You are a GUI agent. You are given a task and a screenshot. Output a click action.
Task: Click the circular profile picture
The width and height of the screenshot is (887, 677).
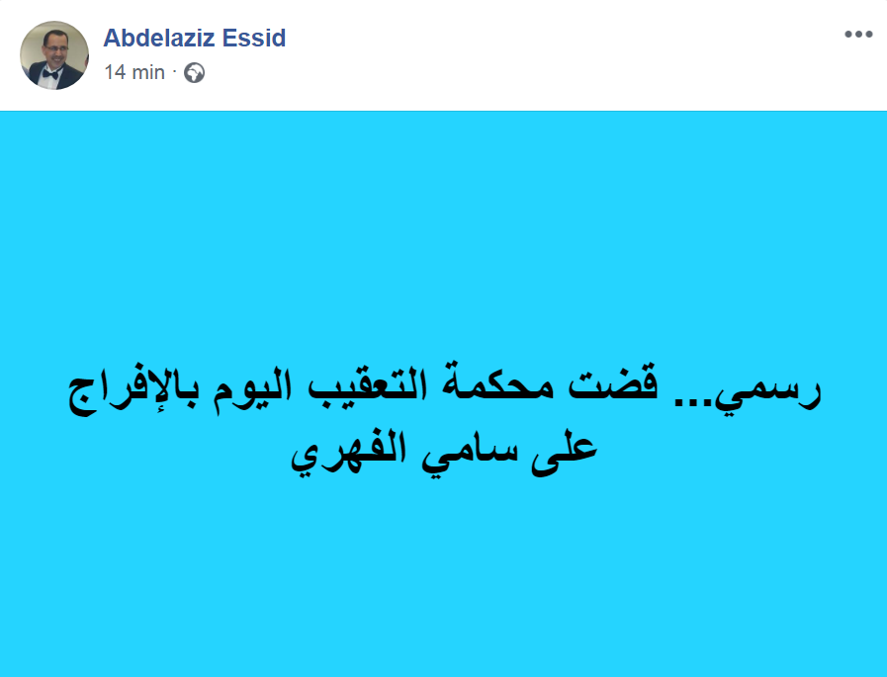pyautogui.click(x=54, y=55)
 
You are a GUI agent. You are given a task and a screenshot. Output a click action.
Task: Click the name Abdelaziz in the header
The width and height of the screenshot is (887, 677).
pyautogui.click(x=159, y=38)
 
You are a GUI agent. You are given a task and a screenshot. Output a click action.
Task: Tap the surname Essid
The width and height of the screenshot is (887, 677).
pyautogui.click(x=254, y=38)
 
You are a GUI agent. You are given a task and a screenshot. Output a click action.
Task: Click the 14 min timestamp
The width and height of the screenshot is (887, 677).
pyautogui.click(x=134, y=72)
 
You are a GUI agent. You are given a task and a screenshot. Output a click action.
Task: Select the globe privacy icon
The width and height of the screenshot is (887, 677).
pyautogui.click(x=194, y=73)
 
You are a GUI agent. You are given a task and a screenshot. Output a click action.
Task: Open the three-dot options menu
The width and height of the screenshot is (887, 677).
pyautogui.click(x=858, y=35)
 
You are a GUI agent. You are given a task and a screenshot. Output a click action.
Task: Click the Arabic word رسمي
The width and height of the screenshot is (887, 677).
pyautogui.click(x=767, y=390)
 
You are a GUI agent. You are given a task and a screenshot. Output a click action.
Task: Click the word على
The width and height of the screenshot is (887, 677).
pyautogui.click(x=564, y=453)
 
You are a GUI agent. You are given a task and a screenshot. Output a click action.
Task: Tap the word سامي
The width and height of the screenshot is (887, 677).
pyautogui.click(x=470, y=455)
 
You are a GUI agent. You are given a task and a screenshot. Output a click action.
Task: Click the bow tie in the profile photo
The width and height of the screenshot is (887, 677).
pyautogui.click(x=50, y=73)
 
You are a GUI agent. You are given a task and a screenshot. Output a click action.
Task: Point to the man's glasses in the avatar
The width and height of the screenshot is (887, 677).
pyautogui.click(x=56, y=48)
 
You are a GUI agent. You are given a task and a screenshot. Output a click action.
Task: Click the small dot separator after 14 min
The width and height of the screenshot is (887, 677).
pyautogui.click(x=174, y=72)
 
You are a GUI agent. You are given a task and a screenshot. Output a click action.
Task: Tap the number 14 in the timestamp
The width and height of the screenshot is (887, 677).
pyautogui.click(x=115, y=72)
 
